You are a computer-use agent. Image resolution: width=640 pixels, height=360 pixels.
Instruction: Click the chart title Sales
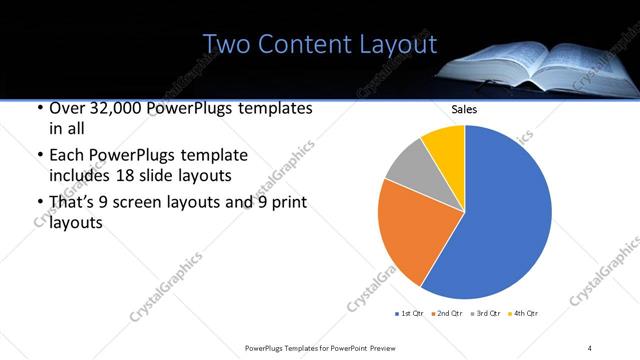[x=464, y=109]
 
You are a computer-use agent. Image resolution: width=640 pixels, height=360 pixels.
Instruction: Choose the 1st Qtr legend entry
[x=410, y=314]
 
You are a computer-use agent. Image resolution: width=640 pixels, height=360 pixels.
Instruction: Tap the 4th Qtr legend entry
[x=526, y=314]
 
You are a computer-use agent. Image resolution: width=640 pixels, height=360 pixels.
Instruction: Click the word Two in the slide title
[x=228, y=45]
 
